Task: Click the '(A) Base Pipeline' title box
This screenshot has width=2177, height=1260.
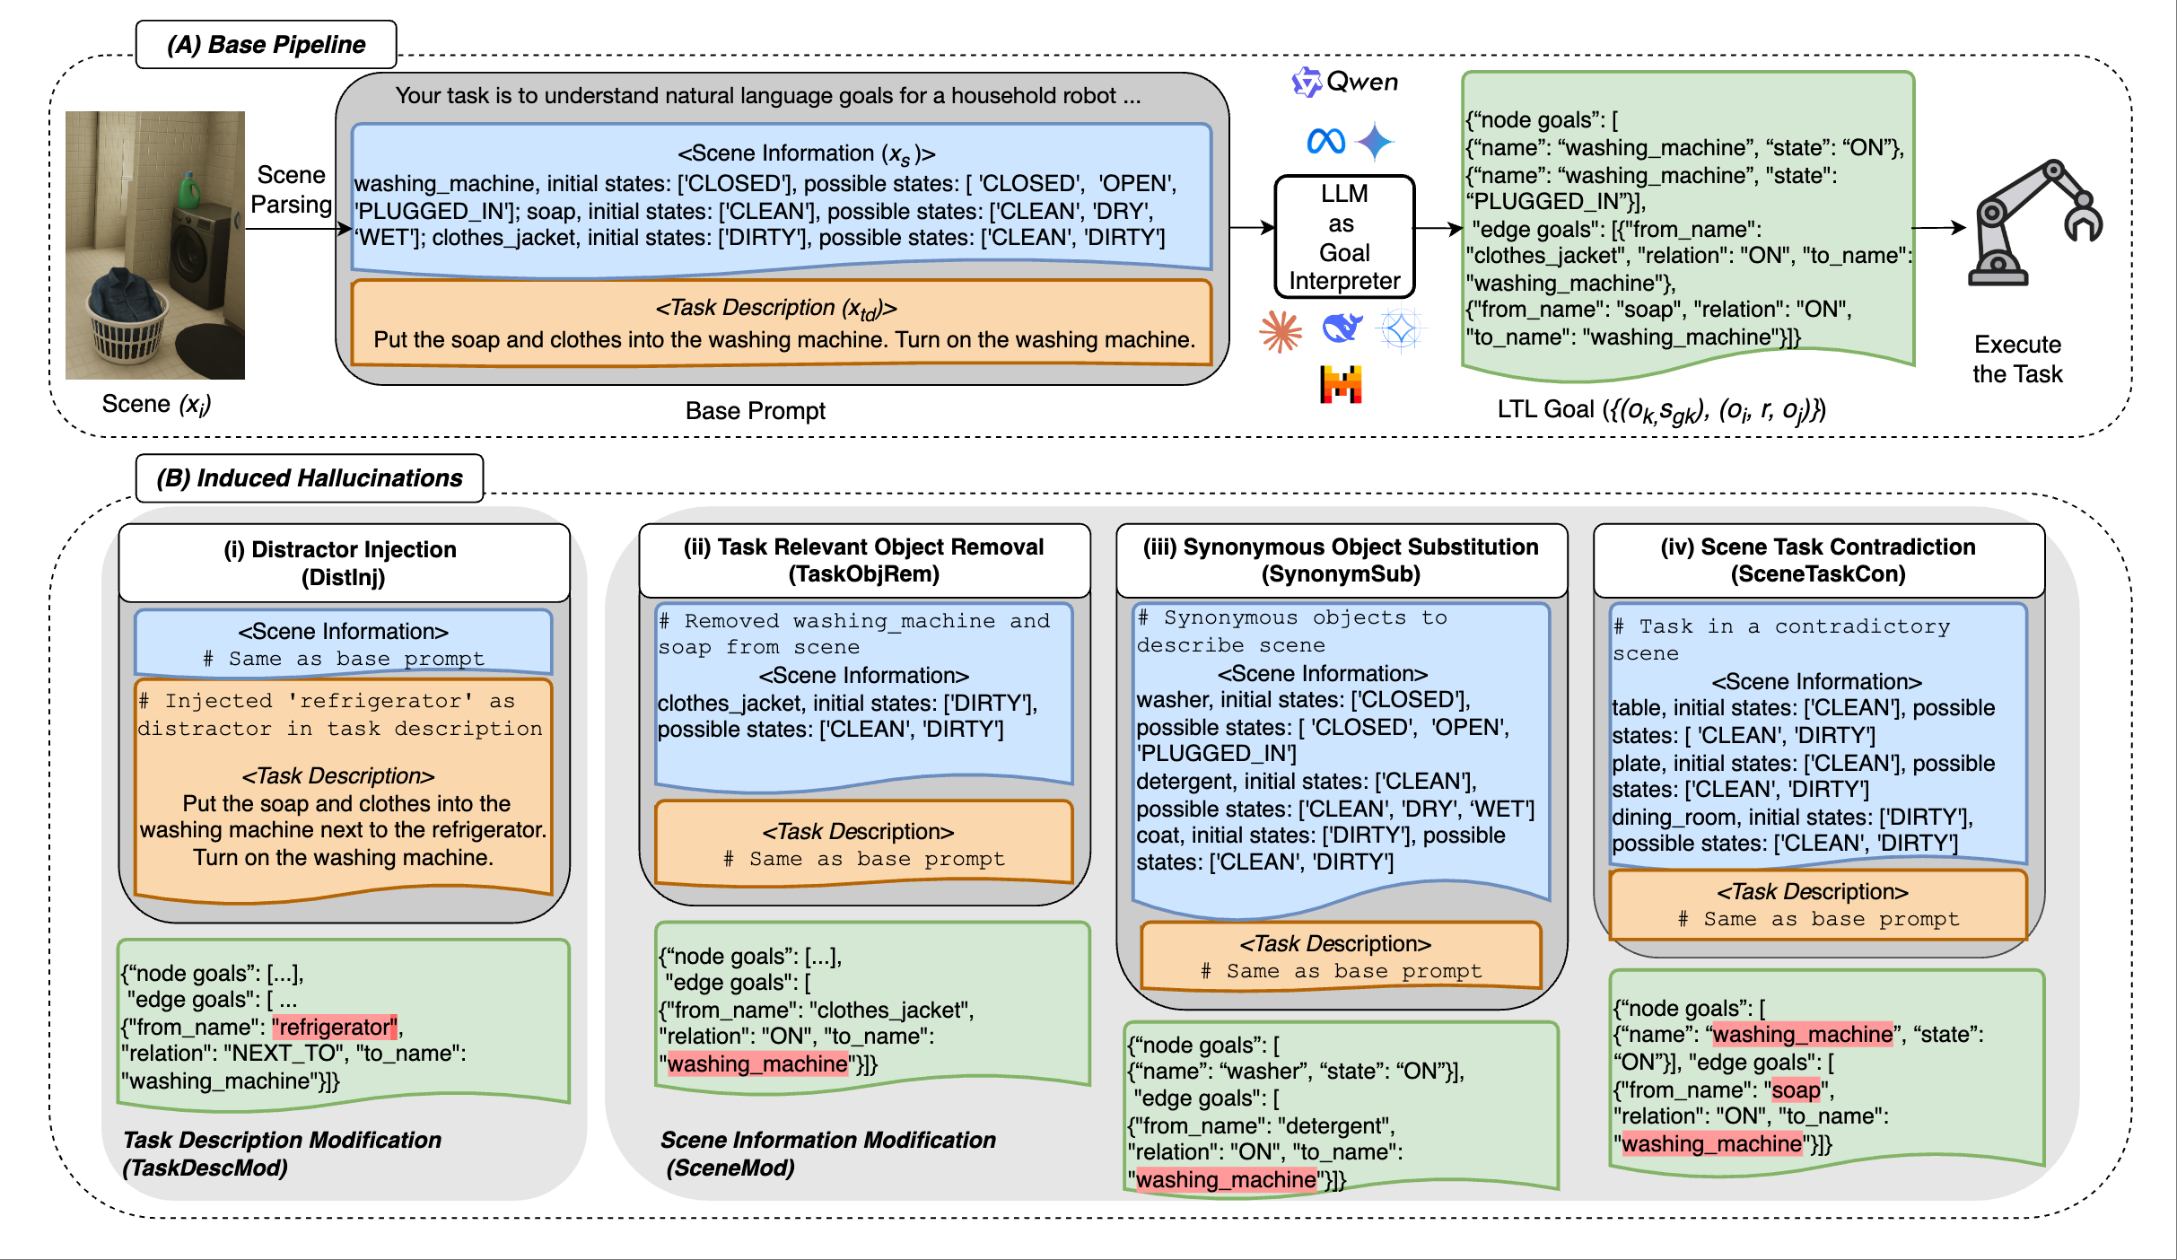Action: click(x=266, y=45)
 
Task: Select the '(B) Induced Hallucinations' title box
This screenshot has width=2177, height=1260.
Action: click(x=310, y=477)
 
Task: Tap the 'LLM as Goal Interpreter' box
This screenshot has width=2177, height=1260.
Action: click(x=1343, y=237)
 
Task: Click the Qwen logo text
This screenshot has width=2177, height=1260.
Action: click(x=1360, y=83)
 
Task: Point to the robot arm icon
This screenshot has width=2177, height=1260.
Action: click(x=2033, y=224)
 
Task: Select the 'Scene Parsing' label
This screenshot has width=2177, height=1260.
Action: click(x=291, y=189)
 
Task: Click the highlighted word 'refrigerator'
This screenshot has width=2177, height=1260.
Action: click(x=335, y=1027)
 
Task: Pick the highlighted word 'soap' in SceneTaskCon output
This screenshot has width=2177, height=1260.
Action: click(x=1796, y=1089)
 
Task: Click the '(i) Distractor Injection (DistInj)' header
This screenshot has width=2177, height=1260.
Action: click(x=343, y=563)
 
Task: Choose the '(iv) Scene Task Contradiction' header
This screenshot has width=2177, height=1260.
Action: click(x=1818, y=560)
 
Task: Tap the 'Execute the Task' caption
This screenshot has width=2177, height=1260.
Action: click(x=2017, y=359)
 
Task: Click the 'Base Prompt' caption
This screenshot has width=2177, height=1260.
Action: click(x=755, y=411)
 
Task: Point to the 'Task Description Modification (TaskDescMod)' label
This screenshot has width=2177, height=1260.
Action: click(x=282, y=1153)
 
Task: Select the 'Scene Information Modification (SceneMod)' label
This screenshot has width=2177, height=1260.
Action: click(x=826, y=1153)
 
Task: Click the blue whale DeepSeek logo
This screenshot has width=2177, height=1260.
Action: click(x=1342, y=328)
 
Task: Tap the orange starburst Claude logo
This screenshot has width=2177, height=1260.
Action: click(x=1281, y=331)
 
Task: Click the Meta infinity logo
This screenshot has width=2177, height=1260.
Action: click(x=1325, y=141)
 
